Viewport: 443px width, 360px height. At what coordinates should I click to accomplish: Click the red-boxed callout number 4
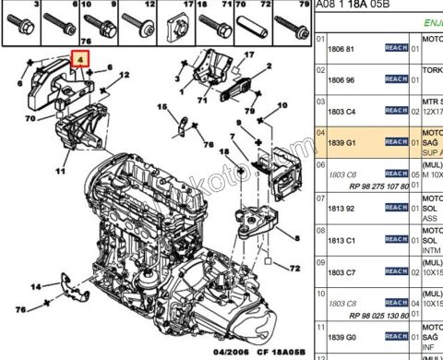coord(81,60)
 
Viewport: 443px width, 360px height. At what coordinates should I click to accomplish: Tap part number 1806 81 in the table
coord(342,48)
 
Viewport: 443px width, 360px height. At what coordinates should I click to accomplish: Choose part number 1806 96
coord(342,80)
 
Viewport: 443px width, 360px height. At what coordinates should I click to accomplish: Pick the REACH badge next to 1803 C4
coord(395,111)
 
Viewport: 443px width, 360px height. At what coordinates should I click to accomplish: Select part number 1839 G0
coord(342,337)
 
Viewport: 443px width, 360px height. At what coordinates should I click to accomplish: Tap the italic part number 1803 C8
coord(342,303)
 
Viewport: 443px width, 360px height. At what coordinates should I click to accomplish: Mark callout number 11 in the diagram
coord(60,171)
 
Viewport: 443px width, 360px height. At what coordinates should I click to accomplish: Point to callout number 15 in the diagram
coord(162,108)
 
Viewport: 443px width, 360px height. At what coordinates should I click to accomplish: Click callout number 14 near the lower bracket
coord(34,287)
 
